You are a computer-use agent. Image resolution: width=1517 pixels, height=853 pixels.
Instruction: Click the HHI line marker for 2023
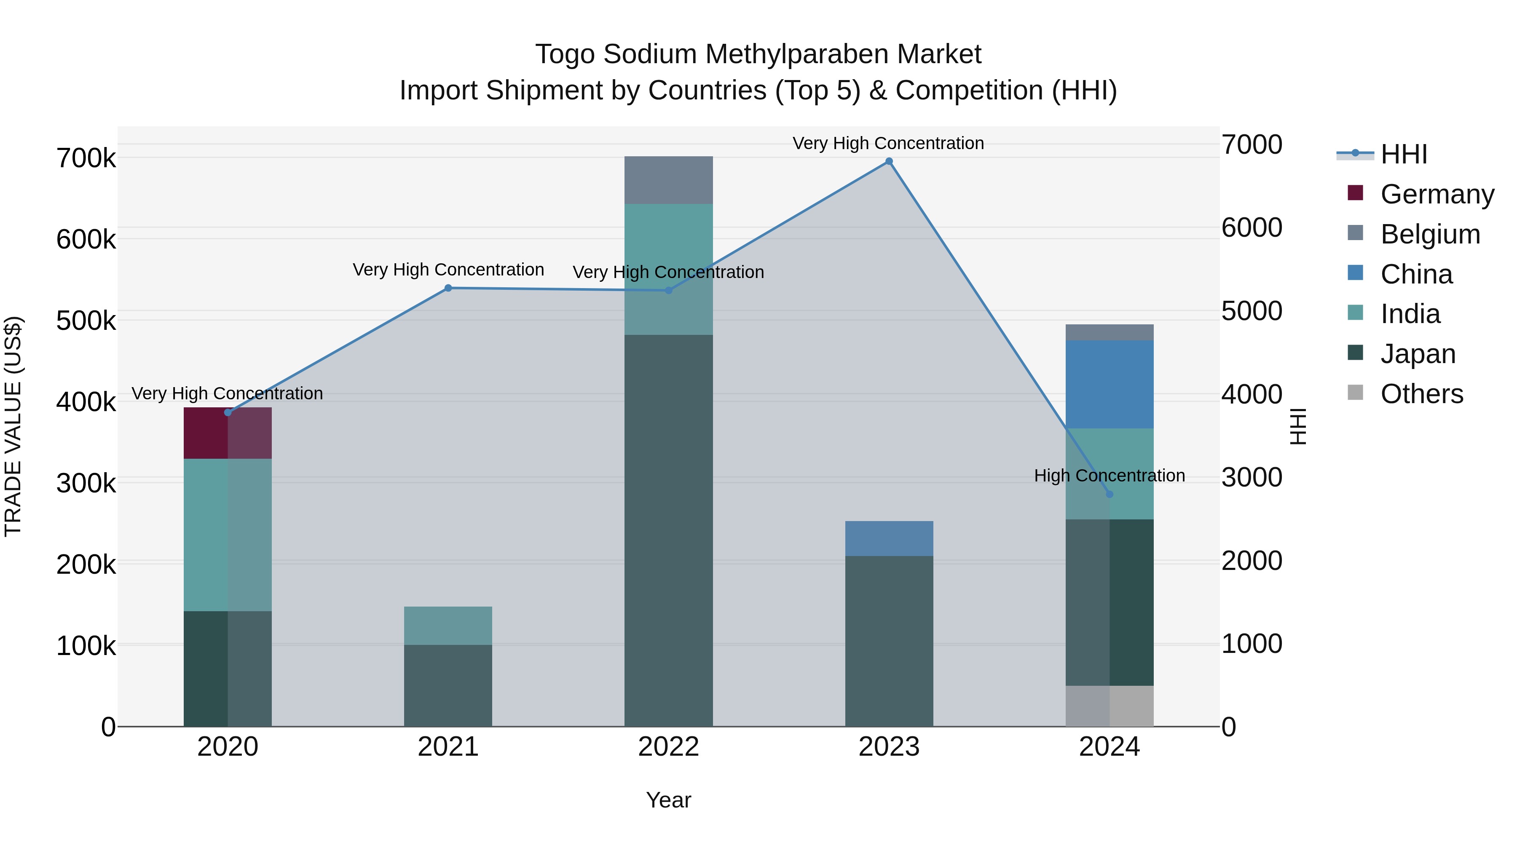pyautogui.click(x=889, y=161)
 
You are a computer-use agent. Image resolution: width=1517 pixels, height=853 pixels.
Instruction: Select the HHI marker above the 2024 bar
pyautogui.click(x=1110, y=494)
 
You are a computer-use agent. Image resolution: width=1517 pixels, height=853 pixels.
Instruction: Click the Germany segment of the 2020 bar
pyautogui.click(x=227, y=433)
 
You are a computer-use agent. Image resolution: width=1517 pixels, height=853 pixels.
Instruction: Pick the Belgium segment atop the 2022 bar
pyautogui.click(x=668, y=180)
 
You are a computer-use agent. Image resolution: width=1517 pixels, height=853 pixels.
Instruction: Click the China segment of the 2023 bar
pyautogui.click(x=889, y=538)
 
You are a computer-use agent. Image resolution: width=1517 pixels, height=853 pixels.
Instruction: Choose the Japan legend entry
pyautogui.click(x=1418, y=354)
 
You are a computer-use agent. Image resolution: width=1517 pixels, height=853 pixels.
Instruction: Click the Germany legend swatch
pyautogui.click(x=1355, y=193)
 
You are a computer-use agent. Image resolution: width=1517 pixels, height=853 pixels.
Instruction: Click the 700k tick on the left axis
pyautogui.click(x=86, y=158)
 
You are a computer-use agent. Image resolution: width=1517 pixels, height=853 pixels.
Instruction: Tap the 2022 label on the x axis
pyautogui.click(x=668, y=746)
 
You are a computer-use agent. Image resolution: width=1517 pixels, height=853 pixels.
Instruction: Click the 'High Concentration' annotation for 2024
pyautogui.click(x=1109, y=475)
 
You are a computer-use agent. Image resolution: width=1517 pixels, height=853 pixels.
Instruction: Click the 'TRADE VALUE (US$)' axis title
pyautogui.click(x=13, y=426)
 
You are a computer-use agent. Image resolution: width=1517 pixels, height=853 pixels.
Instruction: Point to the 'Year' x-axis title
pyautogui.click(x=668, y=800)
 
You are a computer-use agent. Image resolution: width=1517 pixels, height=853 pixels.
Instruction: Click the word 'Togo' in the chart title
pyautogui.click(x=566, y=54)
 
